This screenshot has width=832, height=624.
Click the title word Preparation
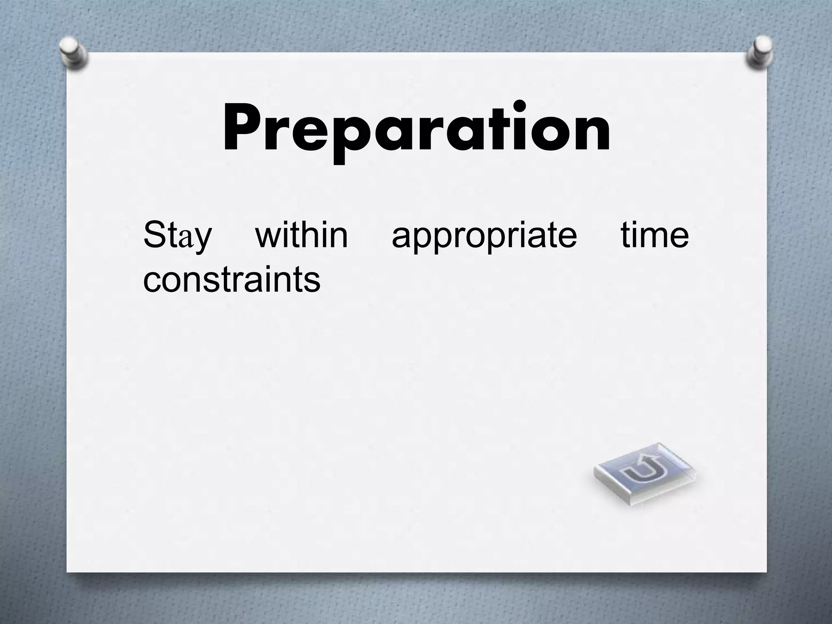pos(416,128)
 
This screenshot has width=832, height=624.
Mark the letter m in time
pos(654,238)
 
